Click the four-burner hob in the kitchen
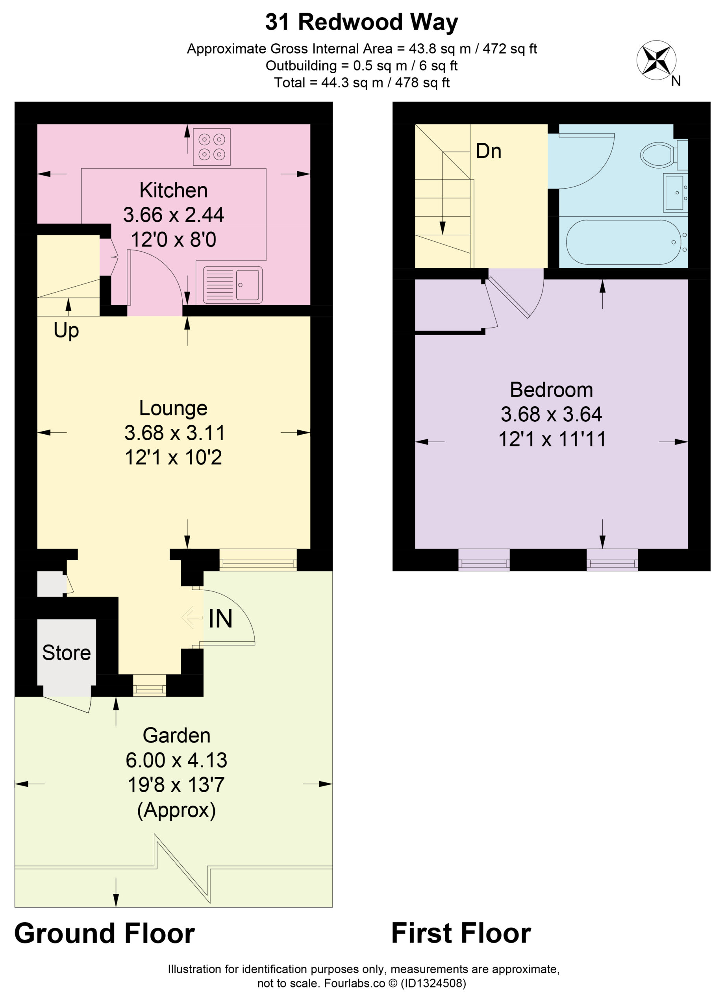coord(211,146)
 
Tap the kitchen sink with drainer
coord(232,285)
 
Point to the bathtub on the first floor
coord(623,242)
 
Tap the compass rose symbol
coord(656,60)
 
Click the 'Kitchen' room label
coord(173,191)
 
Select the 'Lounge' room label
coord(173,408)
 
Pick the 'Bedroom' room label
coord(551,390)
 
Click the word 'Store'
coord(66,653)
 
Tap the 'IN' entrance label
coord(220,619)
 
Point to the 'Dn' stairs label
coord(489,151)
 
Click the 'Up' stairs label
coord(66,331)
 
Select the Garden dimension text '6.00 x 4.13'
coord(176,760)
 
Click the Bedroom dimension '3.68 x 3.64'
coord(551,415)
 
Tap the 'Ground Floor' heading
coord(104,933)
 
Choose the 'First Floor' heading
coord(461,933)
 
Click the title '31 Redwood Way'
coord(361,22)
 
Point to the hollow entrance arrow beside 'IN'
coord(193,618)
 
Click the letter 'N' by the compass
coord(676,81)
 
